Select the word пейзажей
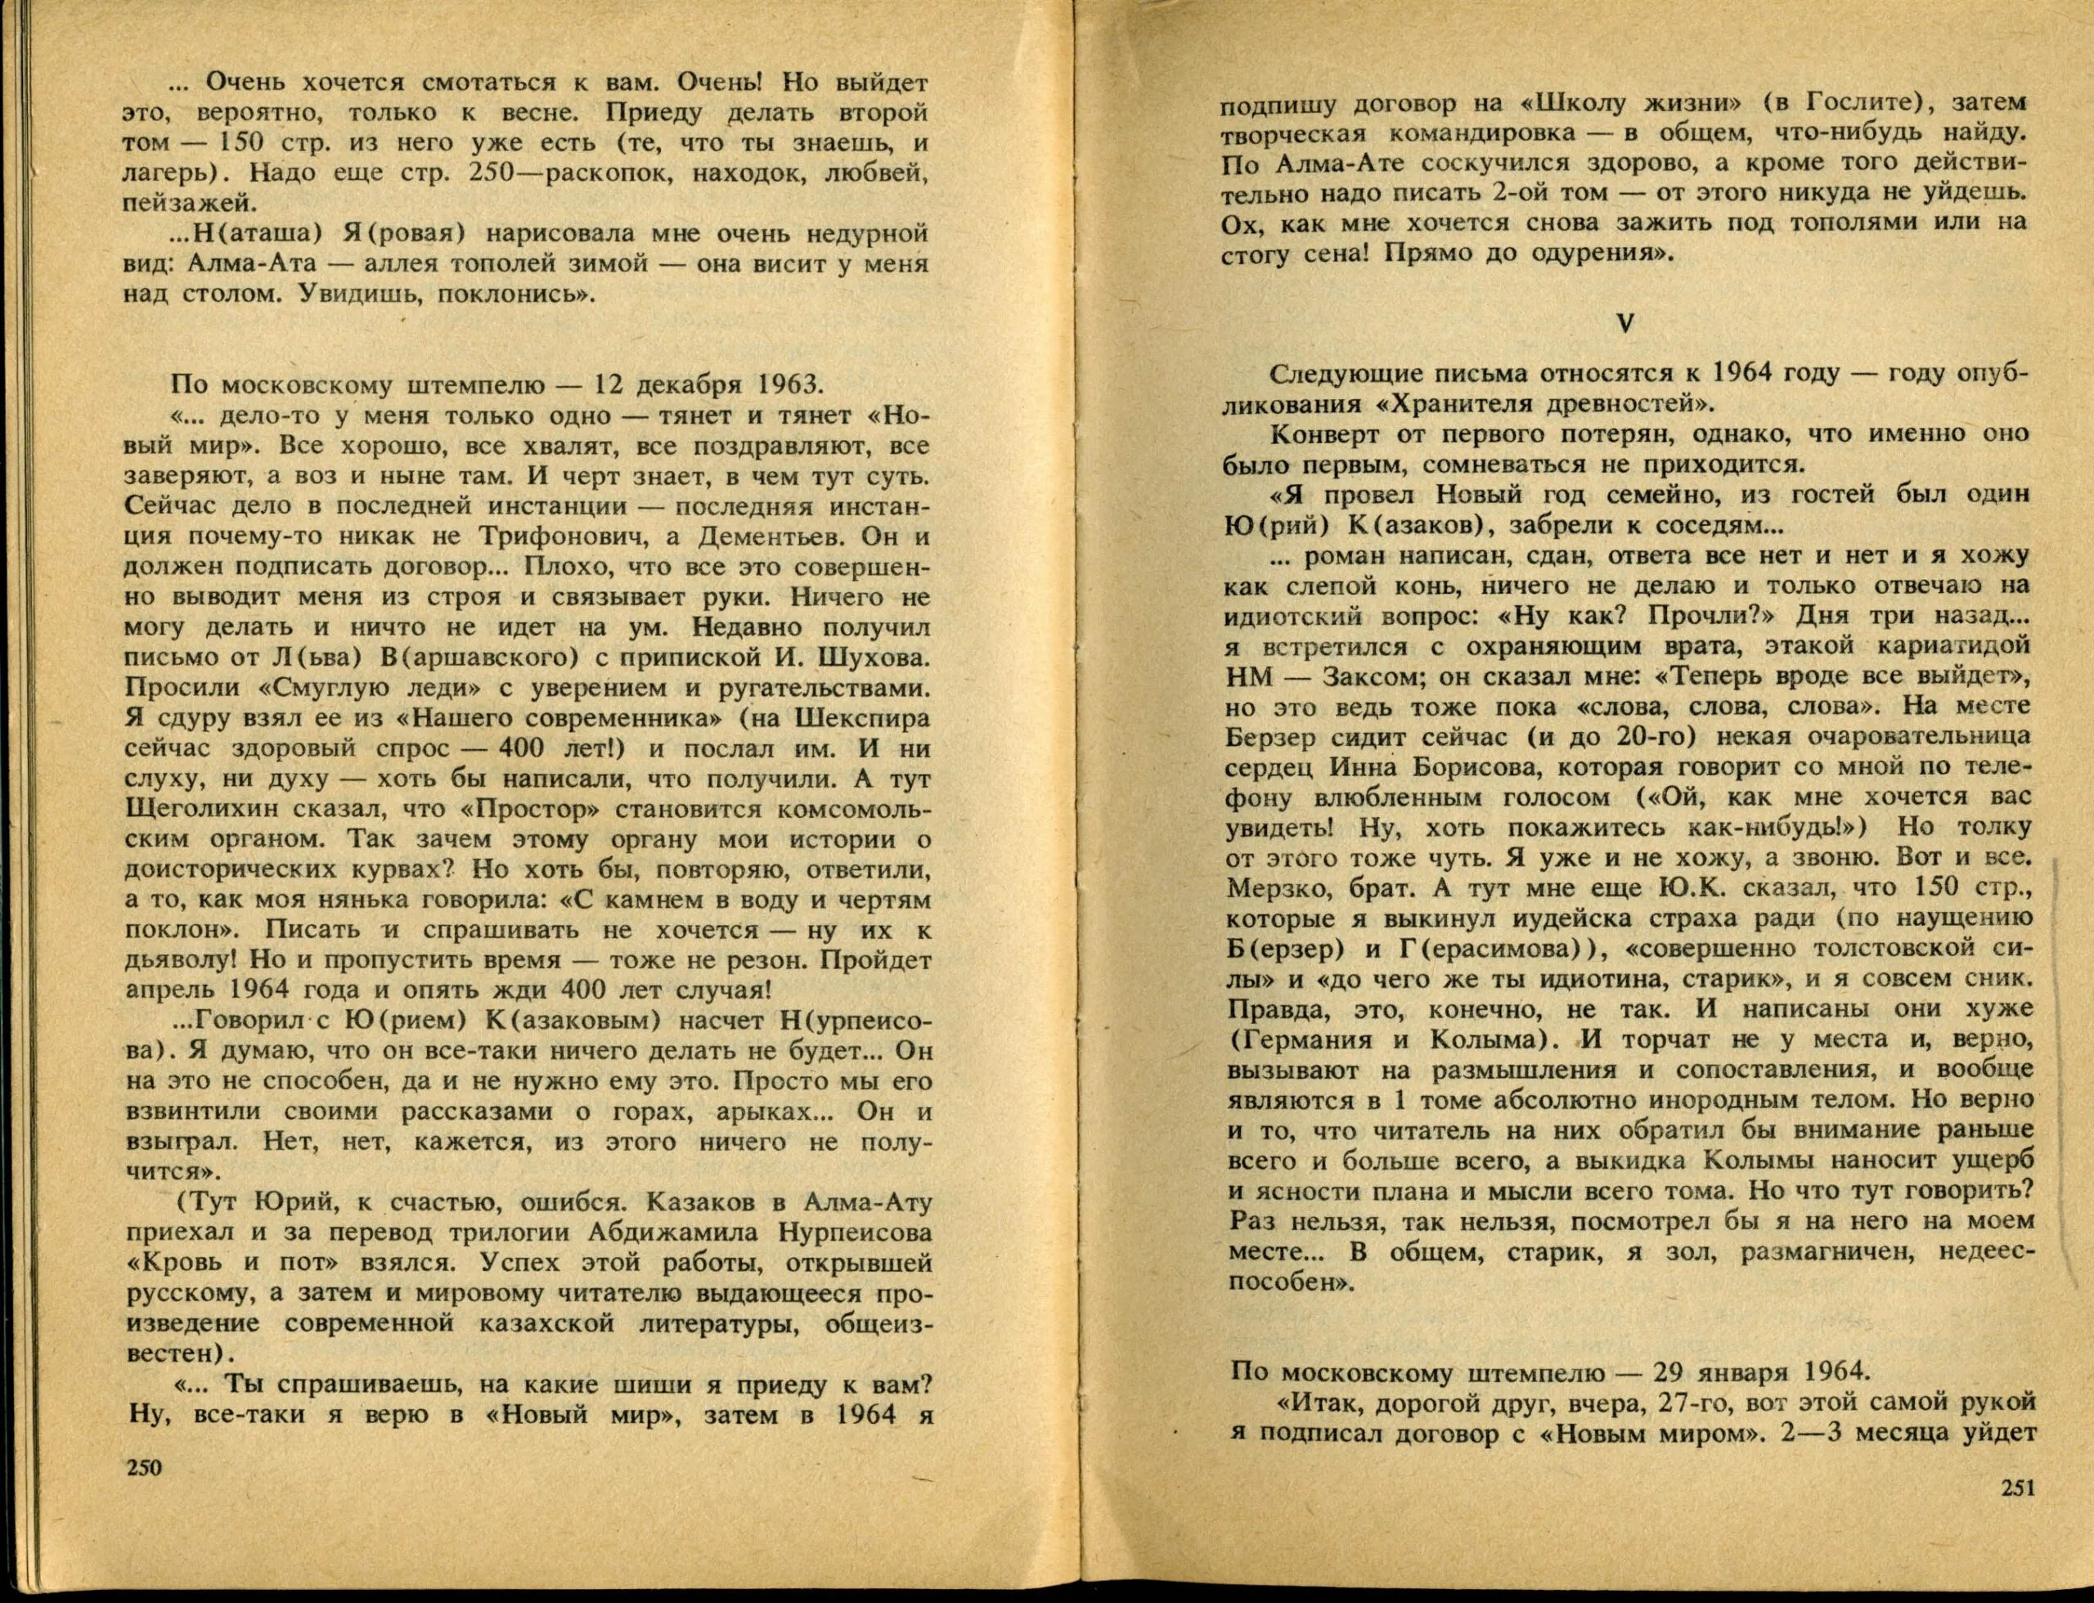click(191, 202)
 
